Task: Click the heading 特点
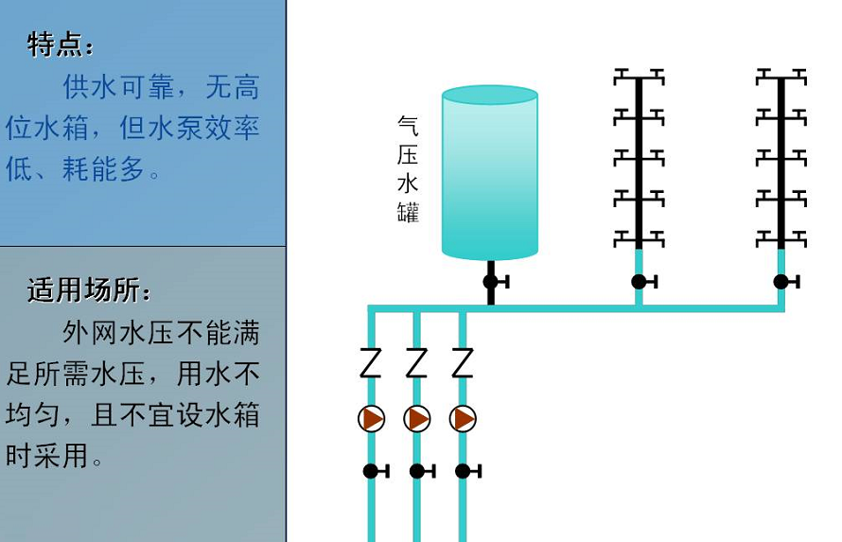coord(61,44)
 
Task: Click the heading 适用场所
coord(89,289)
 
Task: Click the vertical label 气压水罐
coord(408,169)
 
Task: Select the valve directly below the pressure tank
coord(491,281)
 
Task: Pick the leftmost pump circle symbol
coord(372,418)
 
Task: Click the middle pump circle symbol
coord(417,418)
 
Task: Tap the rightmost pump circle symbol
coord(463,418)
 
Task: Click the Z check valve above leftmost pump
coord(371,363)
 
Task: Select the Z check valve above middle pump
coord(417,363)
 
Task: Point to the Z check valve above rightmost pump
coord(463,363)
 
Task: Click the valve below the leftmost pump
coord(372,471)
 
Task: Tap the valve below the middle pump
coord(417,471)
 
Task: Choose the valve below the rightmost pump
coord(463,471)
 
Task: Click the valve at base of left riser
coord(640,281)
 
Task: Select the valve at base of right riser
coord(781,281)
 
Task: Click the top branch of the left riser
coord(640,75)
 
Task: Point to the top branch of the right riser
coord(781,75)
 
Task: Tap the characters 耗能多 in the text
coord(104,169)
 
